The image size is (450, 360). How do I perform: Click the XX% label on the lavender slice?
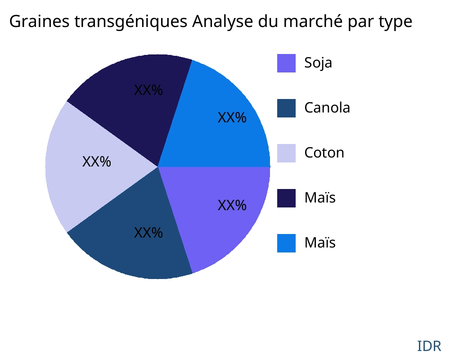click(x=97, y=162)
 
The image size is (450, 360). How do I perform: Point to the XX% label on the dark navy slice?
click(x=148, y=90)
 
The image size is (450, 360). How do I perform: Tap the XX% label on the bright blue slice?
click(x=232, y=118)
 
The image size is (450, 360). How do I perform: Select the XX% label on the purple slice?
click(x=232, y=206)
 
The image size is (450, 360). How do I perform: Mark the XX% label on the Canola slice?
click(x=148, y=233)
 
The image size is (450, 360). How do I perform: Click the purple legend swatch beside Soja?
click(x=286, y=63)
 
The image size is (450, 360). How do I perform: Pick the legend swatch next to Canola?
click(x=286, y=108)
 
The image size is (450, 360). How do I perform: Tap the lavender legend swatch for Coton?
click(x=286, y=153)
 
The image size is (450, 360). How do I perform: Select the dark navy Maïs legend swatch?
click(x=286, y=198)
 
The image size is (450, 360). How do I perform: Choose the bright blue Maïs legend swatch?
click(x=286, y=243)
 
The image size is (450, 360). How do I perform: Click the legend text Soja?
click(x=318, y=63)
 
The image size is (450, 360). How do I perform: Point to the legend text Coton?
click(x=324, y=153)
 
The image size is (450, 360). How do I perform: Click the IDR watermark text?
click(x=429, y=346)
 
